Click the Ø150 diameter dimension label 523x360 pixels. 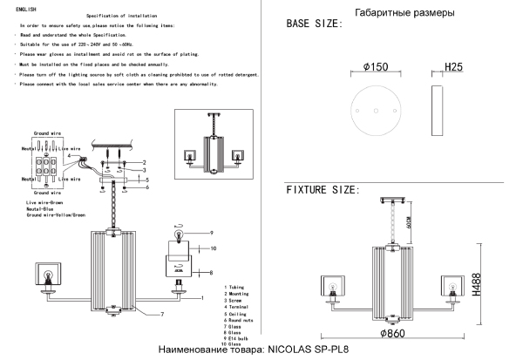375,66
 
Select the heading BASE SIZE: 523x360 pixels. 321,27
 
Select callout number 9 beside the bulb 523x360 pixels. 210,233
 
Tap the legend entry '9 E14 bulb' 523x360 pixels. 243,336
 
